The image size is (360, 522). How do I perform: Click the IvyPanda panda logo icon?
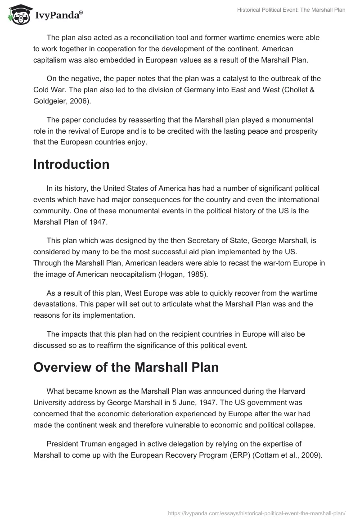(17, 15)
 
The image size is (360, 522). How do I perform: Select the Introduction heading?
(71, 164)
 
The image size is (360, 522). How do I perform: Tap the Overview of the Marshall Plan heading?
(126, 367)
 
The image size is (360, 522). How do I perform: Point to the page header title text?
(291, 10)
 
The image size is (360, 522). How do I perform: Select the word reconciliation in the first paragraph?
(144, 37)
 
